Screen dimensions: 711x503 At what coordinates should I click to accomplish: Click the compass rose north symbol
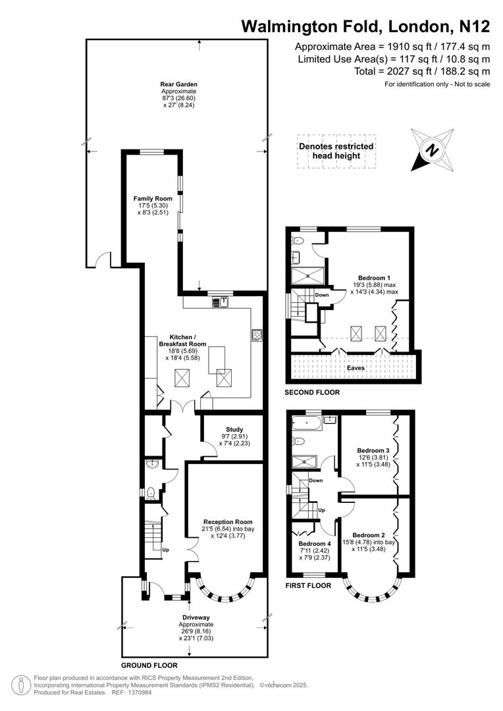[x=432, y=150]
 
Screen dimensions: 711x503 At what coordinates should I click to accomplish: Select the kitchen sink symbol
[x=220, y=302]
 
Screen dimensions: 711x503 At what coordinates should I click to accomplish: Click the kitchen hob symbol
[x=257, y=335]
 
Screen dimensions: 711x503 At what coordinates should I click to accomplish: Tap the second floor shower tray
[x=307, y=275]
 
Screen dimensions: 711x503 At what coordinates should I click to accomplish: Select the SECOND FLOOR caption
[x=312, y=392]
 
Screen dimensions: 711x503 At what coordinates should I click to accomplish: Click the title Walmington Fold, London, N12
[x=365, y=26]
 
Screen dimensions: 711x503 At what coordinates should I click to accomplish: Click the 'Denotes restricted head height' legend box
[x=336, y=151]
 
